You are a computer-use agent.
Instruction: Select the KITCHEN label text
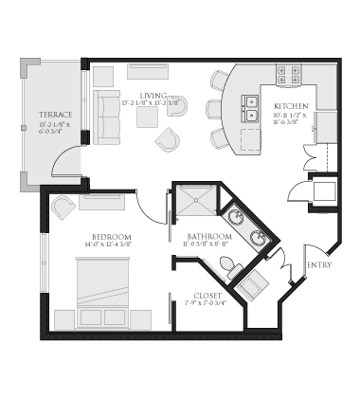(x=290, y=106)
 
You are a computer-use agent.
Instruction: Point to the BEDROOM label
(x=111, y=236)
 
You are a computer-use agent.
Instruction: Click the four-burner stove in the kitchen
(x=287, y=74)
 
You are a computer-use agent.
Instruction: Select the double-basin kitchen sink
(x=251, y=107)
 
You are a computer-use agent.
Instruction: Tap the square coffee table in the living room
(x=147, y=117)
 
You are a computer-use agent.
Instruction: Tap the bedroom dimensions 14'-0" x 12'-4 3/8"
(x=112, y=247)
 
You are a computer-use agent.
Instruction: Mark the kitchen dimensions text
(x=290, y=120)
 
